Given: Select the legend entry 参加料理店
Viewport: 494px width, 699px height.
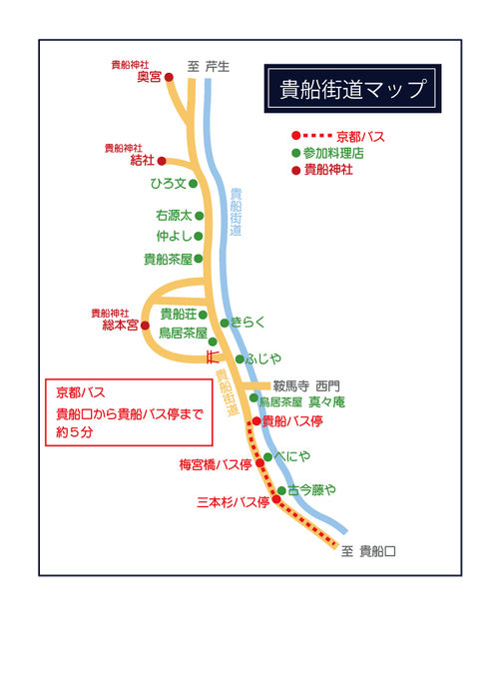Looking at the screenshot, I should pyautogui.click(x=333, y=153).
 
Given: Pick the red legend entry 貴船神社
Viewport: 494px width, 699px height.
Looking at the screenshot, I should pyautogui.click(x=328, y=170).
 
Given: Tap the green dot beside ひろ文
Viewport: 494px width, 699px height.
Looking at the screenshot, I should pyautogui.click(x=194, y=184).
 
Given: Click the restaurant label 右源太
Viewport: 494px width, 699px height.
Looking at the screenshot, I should pyautogui.click(x=173, y=215).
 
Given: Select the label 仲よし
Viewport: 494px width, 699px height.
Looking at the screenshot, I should pyautogui.click(x=174, y=237).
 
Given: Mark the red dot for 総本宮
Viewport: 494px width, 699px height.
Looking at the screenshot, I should pyautogui.click(x=145, y=326).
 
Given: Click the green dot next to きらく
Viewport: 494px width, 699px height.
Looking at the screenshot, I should pyautogui.click(x=225, y=323).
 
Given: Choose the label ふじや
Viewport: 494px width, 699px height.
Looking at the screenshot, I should pyautogui.click(x=264, y=358).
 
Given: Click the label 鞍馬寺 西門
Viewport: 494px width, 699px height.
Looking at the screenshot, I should pyautogui.click(x=306, y=384).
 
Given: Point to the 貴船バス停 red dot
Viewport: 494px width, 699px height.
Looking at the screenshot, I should pyautogui.click(x=256, y=421).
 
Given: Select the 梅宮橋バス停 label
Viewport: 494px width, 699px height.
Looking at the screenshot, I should pyautogui.click(x=215, y=463).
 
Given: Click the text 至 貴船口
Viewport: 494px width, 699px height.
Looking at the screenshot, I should pyautogui.click(x=368, y=550).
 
